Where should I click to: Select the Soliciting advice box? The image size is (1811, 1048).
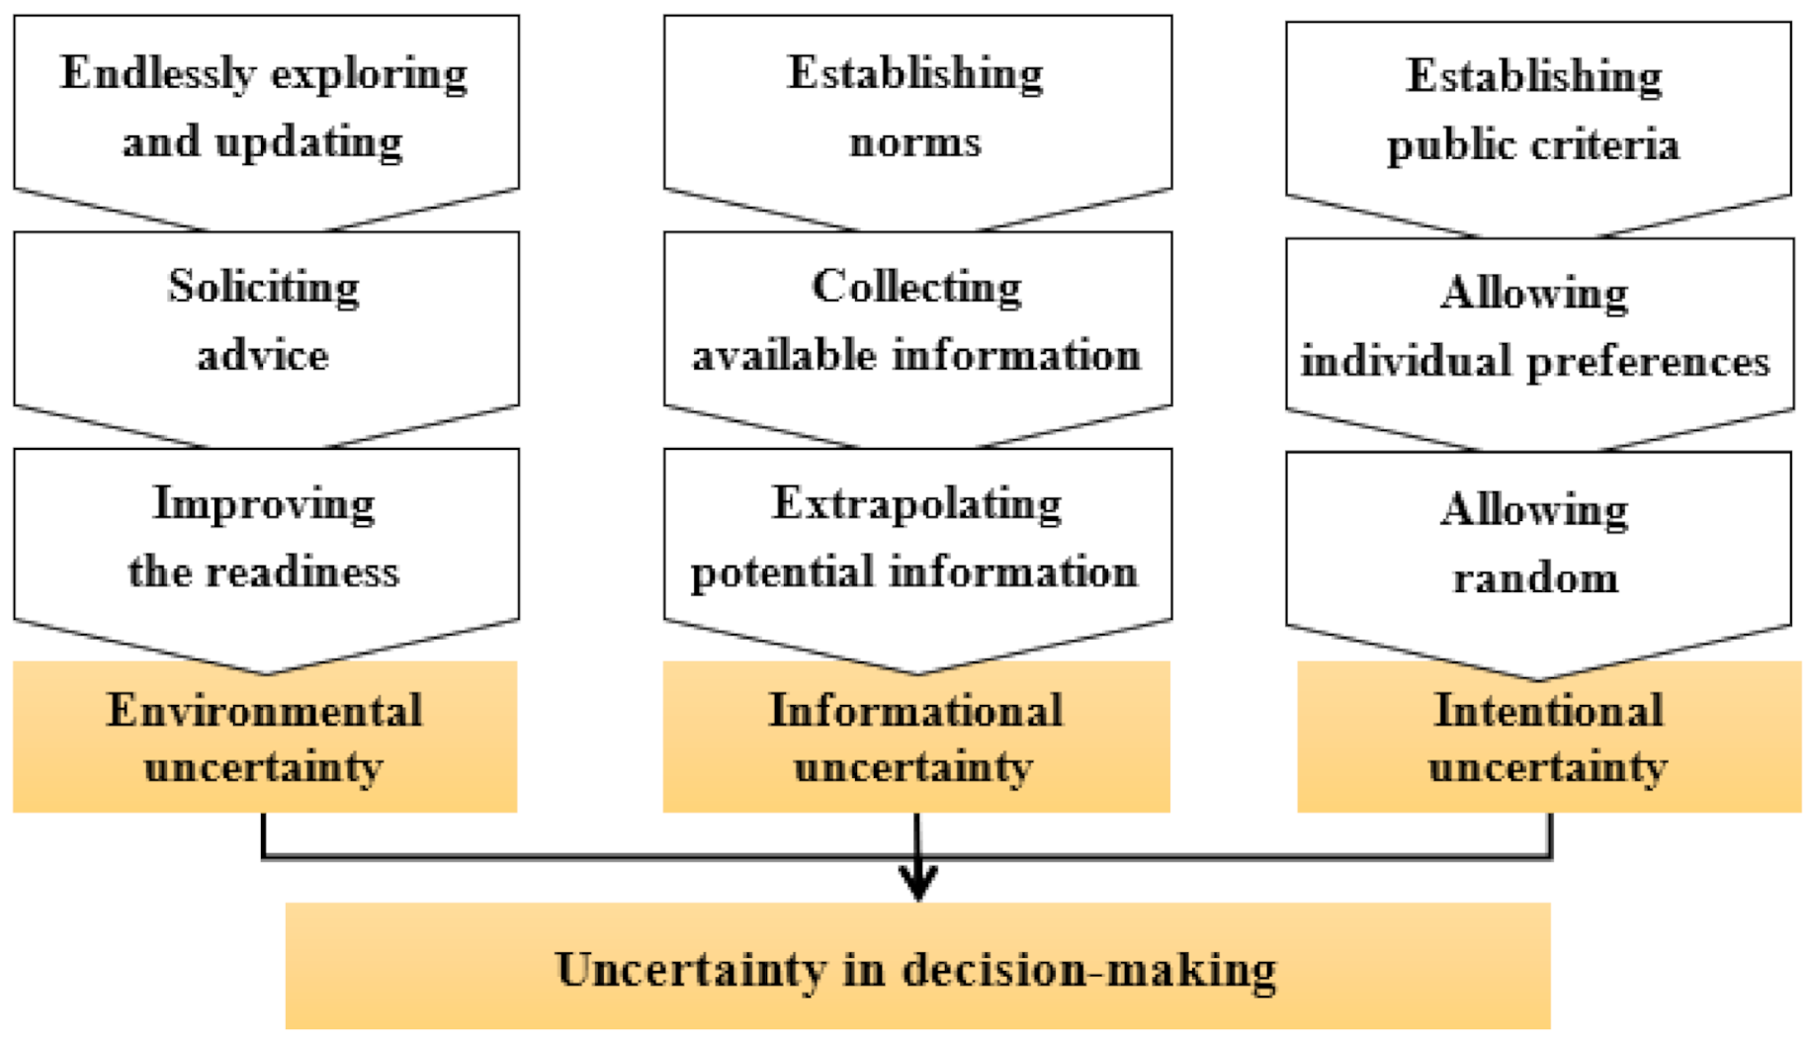[x=265, y=321]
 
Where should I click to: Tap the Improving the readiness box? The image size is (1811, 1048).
[x=265, y=538]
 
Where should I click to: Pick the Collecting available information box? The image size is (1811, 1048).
[x=916, y=321]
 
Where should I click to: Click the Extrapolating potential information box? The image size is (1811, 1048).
[x=916, y=538]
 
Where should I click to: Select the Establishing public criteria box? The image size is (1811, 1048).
[x=1537, y=111]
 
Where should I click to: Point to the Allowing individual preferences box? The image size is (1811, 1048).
[x=1537, y=327]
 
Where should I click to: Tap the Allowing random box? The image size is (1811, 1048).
[x=1537, y=544]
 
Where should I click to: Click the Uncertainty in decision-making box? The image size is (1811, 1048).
[x=916, y=967]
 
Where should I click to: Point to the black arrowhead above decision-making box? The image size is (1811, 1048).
[x=918, y=880]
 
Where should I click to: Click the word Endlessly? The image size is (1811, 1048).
[x=158, y=74]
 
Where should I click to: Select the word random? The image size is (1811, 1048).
[x=1535, y=578]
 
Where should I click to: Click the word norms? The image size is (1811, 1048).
[x=915, y=143]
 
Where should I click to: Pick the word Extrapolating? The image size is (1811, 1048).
[x=916, y=504]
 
